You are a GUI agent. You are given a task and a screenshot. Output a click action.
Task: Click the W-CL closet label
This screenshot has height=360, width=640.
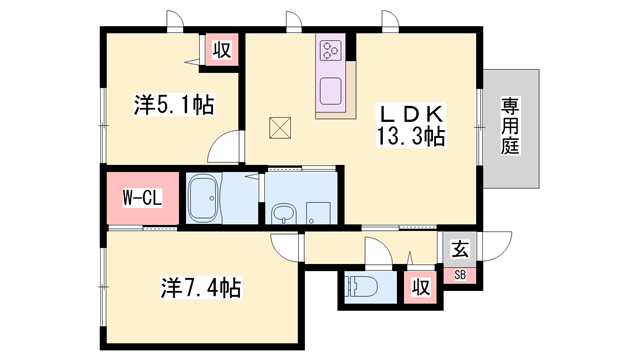[142, 198]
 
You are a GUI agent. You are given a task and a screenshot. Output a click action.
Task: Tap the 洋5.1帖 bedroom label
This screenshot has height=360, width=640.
[174, 104]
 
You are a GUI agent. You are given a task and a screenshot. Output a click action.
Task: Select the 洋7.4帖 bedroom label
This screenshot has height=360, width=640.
[201, 287]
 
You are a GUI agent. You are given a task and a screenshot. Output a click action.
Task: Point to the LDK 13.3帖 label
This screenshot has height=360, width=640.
[411, 125]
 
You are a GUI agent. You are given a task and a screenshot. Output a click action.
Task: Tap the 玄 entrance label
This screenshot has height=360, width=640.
[460, 249]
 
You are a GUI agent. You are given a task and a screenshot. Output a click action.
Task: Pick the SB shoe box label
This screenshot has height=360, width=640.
[460, 275]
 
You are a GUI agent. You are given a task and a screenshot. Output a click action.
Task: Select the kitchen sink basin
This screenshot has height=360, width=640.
[330, 91]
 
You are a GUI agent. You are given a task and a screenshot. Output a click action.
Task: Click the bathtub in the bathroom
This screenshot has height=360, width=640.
[204, 198]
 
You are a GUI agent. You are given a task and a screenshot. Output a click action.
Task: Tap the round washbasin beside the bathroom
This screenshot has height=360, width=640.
[280, 213]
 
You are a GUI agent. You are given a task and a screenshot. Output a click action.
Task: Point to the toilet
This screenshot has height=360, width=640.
[361, 287]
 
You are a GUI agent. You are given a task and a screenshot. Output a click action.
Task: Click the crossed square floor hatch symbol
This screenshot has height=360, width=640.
[280, 128]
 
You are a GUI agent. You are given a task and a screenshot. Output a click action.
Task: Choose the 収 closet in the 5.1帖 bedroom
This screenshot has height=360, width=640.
[222, 50]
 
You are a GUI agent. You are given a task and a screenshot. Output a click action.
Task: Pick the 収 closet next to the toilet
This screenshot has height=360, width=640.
[420, 287]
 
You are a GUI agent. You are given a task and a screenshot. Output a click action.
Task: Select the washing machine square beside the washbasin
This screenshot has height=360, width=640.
[319, 213]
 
